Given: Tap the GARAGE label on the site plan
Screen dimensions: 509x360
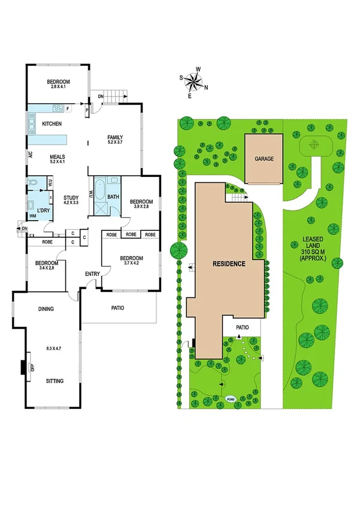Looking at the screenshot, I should click(x=264, y=159).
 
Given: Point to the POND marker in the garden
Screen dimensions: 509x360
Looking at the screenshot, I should click(x=229, y=399).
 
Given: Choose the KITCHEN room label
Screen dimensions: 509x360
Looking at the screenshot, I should click(x=52, y=124).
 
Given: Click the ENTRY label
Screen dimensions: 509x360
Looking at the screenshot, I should click(x=93, y=274).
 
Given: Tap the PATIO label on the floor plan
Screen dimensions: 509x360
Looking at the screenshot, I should click(x=117, y=308).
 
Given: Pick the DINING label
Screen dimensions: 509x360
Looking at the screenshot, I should click(x=46, y=309).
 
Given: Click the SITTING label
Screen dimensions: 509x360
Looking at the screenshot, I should click(x=55, y=381).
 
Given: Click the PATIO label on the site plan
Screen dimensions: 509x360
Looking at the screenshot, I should click(x=242, y=327).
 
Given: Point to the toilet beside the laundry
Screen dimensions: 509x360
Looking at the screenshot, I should click(x=33, y=181).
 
